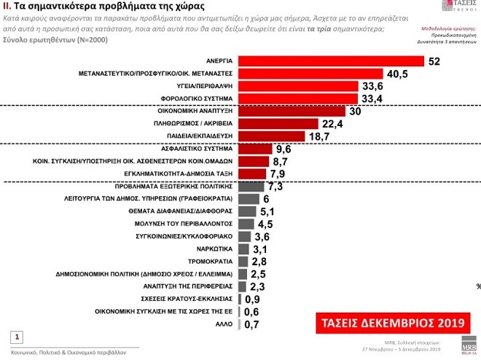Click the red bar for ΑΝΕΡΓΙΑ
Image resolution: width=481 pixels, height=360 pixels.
328,61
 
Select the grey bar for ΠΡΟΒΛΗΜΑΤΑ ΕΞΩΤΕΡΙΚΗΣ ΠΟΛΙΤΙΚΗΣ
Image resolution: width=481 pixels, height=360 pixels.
249,187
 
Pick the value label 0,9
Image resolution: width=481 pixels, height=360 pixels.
253,298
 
